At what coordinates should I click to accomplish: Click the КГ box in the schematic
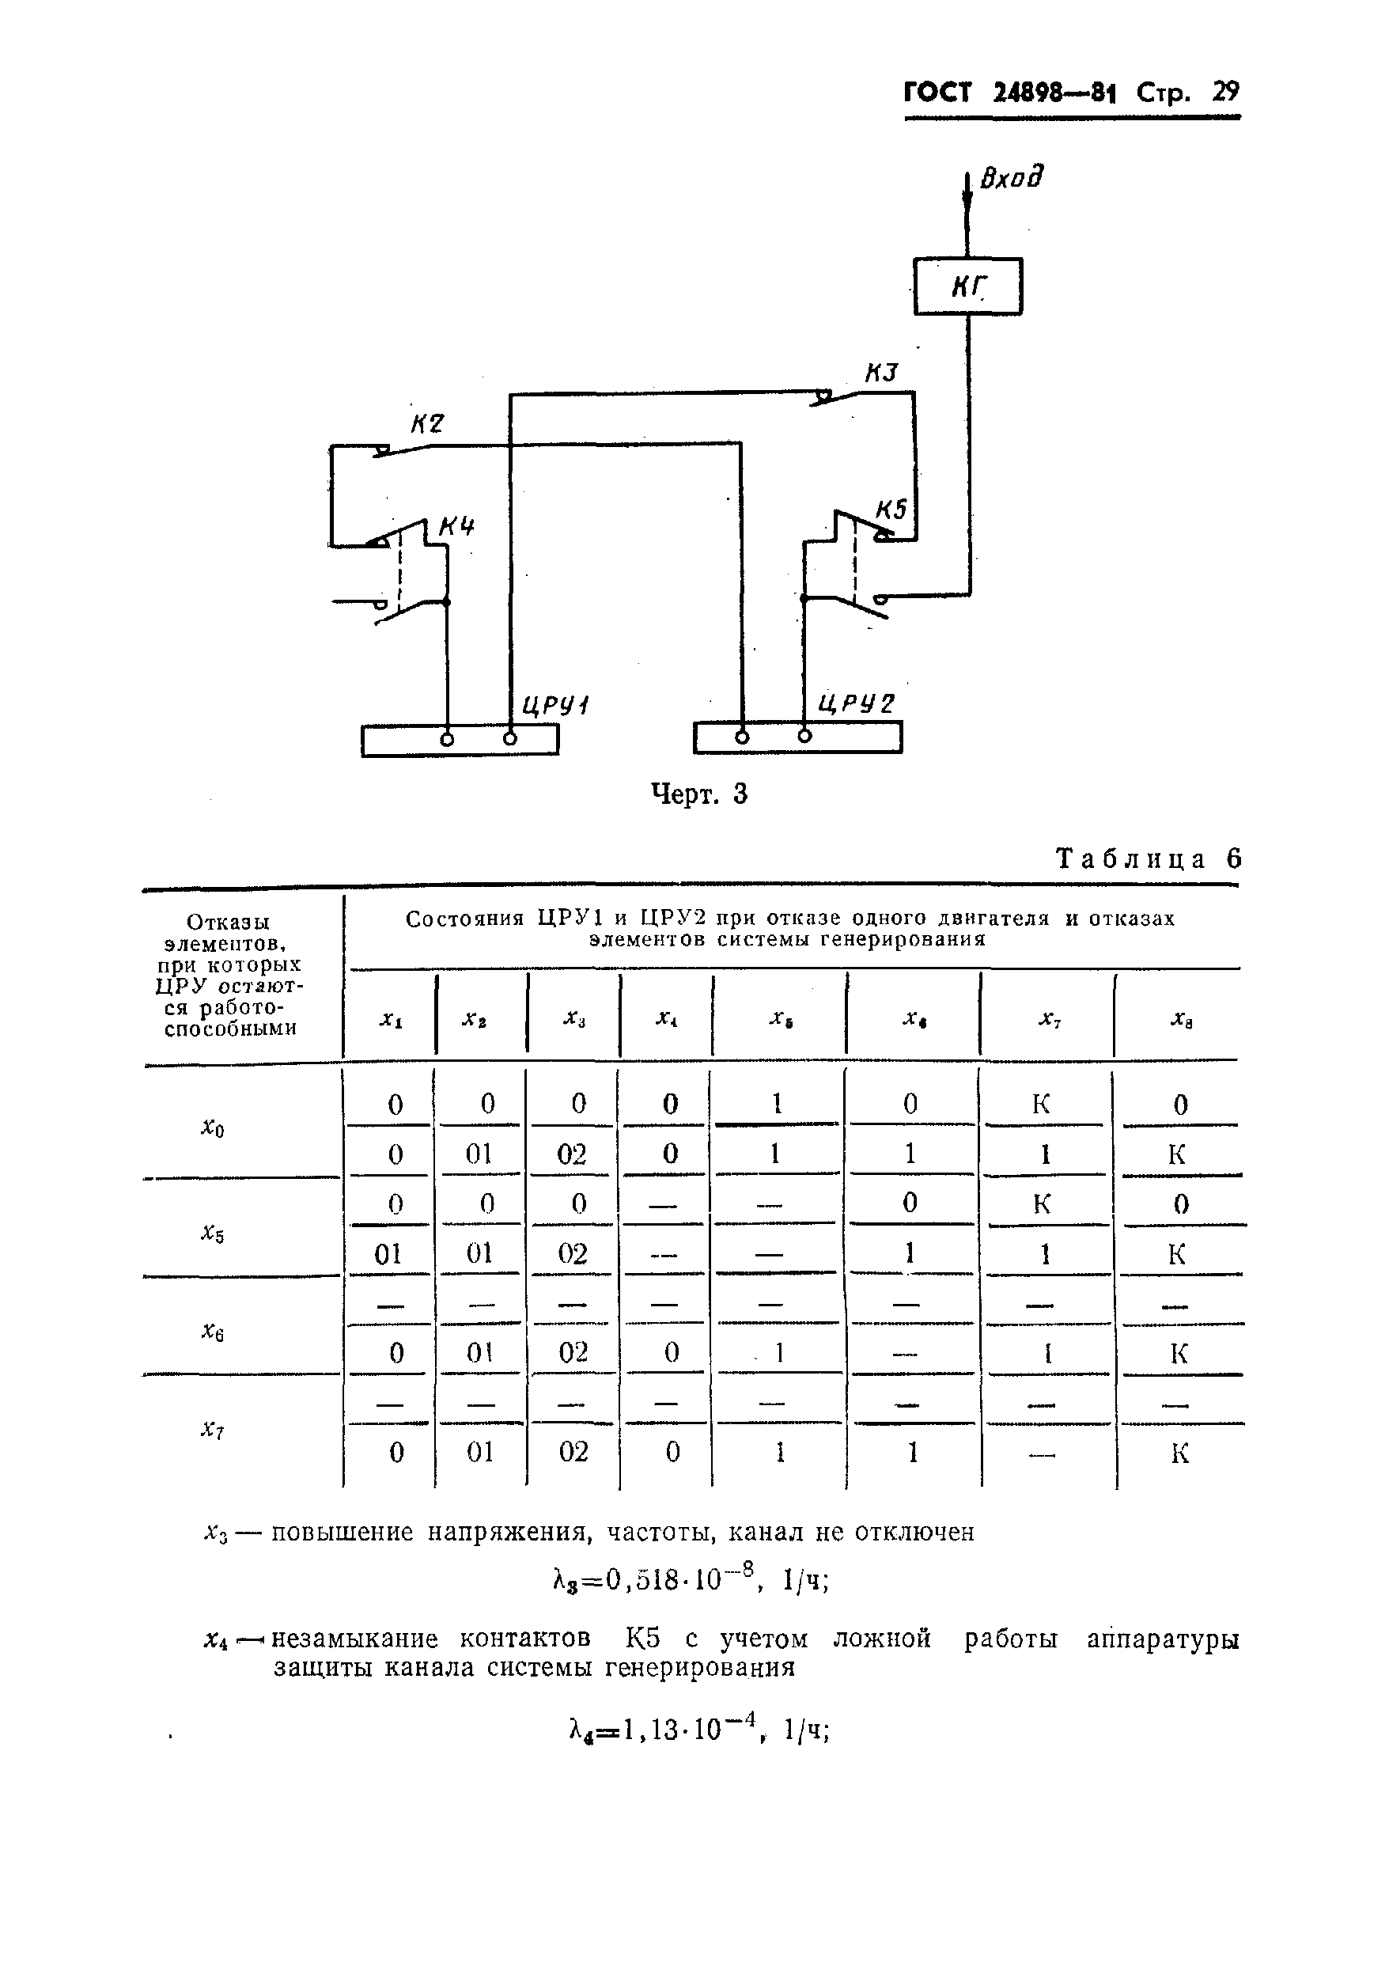967,286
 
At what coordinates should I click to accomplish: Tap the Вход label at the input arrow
1012,178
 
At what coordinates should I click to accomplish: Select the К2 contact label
427,423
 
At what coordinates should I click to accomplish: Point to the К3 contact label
881,373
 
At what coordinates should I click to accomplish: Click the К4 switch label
456,527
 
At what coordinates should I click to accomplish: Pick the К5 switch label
891,510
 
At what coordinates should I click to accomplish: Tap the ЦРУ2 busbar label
855,703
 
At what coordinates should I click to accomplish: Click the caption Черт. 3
698,794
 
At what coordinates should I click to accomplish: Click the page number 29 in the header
1224,92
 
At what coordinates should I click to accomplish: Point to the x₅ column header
778,1018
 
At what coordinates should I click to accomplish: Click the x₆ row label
213,1330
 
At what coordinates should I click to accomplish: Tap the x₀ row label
213,1128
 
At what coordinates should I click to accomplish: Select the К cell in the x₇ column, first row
1041,1105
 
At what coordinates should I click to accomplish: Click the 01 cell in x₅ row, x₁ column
388,1254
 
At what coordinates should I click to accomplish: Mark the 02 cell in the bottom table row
573,1452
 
